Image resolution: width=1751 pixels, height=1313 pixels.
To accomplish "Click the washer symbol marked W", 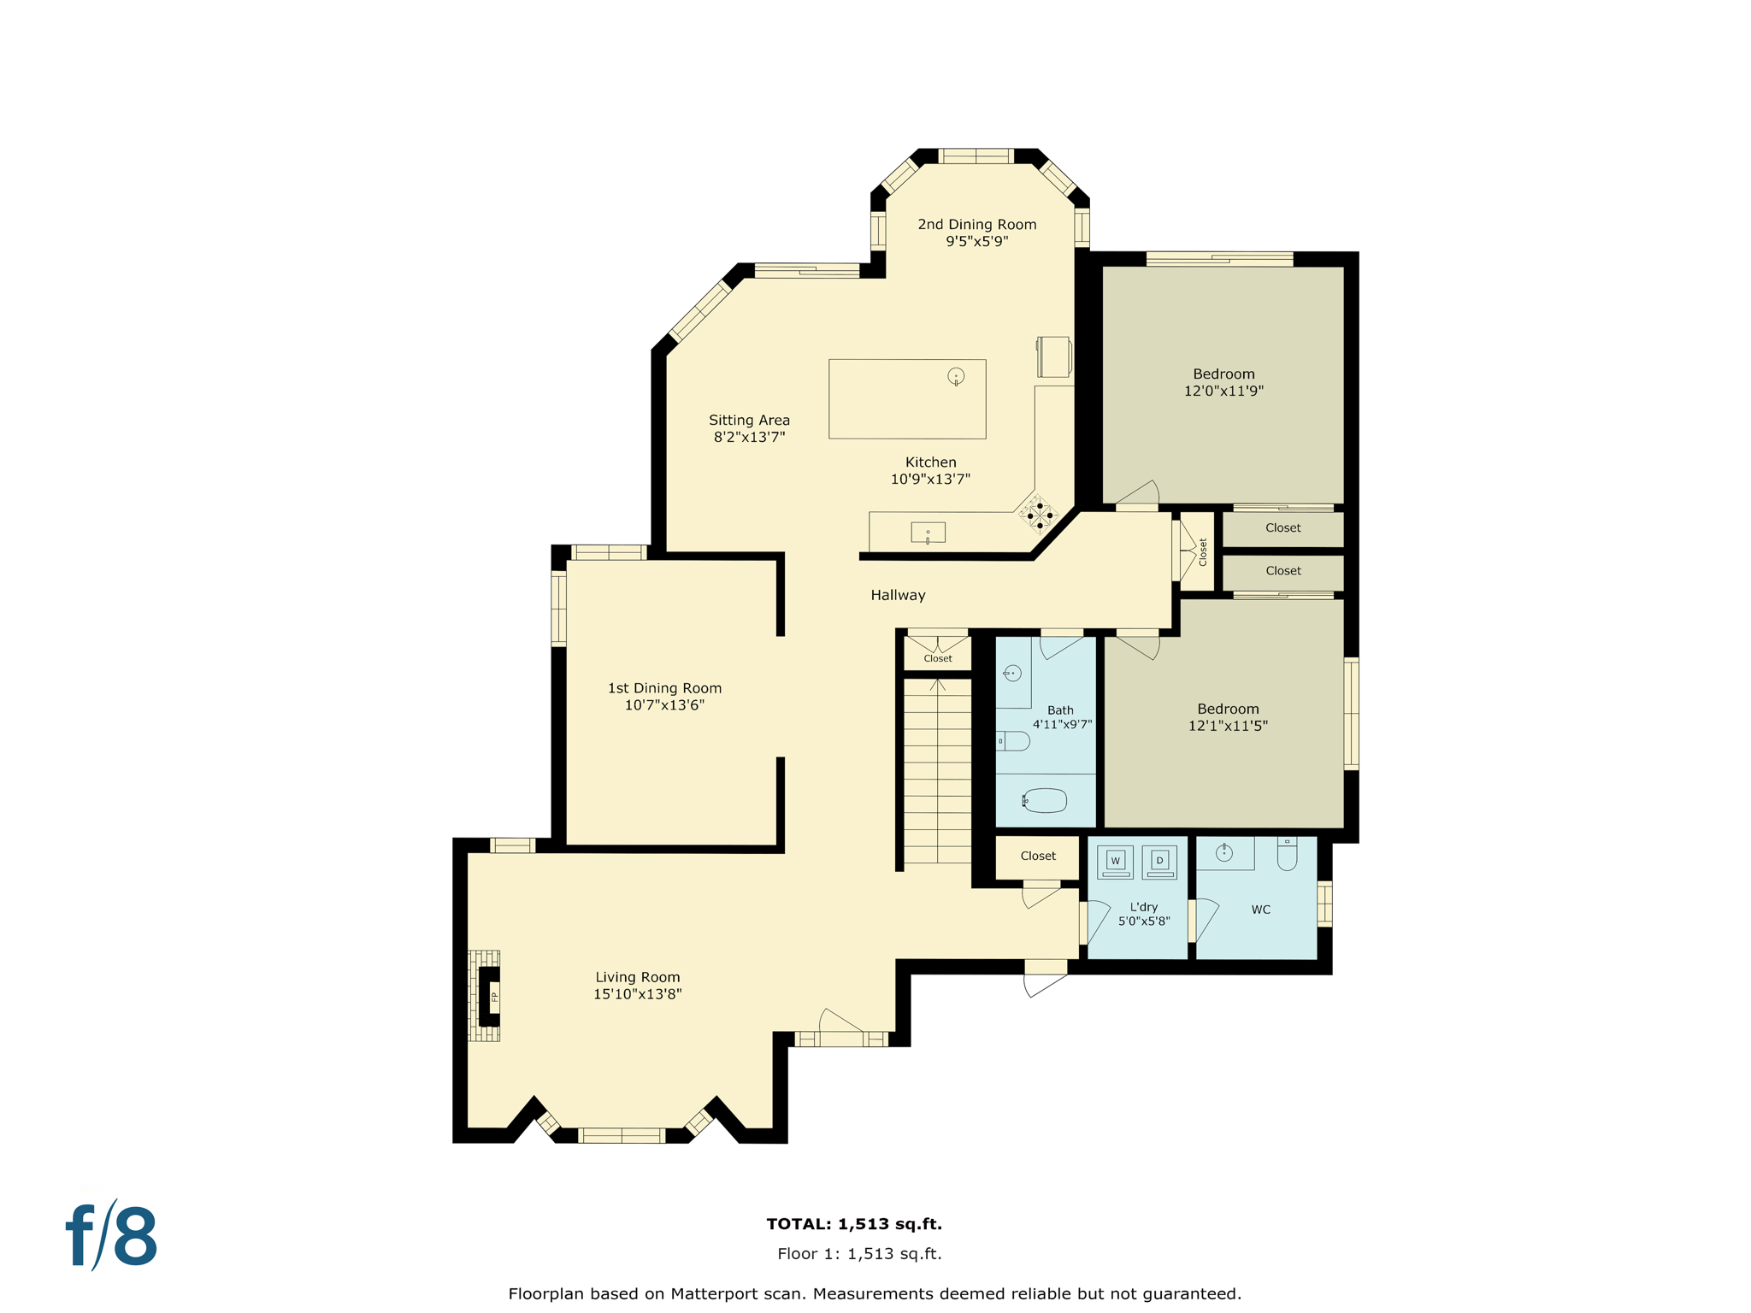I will [1115, 862].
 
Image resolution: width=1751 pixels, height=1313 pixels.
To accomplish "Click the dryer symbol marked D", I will [1159, 862].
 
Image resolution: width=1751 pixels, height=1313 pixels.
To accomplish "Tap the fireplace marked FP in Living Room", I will [490, 997].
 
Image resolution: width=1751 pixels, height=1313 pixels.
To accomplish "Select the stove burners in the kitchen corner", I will [1040, 515].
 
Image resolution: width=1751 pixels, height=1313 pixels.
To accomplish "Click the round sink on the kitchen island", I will [956, 376].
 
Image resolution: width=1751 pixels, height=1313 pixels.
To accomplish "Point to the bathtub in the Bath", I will [1045, 801].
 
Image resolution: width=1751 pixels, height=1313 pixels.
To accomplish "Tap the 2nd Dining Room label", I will [976, 224].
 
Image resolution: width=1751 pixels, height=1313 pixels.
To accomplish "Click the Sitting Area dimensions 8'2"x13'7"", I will [749, 437].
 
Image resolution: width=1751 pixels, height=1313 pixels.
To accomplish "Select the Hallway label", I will [898, 595].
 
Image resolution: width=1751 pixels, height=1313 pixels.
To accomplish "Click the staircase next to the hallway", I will [937, 769].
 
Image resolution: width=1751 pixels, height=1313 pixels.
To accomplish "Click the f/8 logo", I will [112, 1236].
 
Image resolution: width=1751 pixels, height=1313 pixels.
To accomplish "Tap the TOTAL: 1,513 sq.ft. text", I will [854, 1223].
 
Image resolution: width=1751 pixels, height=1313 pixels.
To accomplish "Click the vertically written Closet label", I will [1202, 551].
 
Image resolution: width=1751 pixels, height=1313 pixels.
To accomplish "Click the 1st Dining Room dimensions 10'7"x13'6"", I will [664, 705].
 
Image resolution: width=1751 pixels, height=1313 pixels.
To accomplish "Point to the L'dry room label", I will [1143, 907].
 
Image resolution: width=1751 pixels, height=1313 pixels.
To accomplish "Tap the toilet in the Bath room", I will [1015, 741].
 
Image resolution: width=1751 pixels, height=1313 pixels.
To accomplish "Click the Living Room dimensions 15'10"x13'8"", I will [637, 994].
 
